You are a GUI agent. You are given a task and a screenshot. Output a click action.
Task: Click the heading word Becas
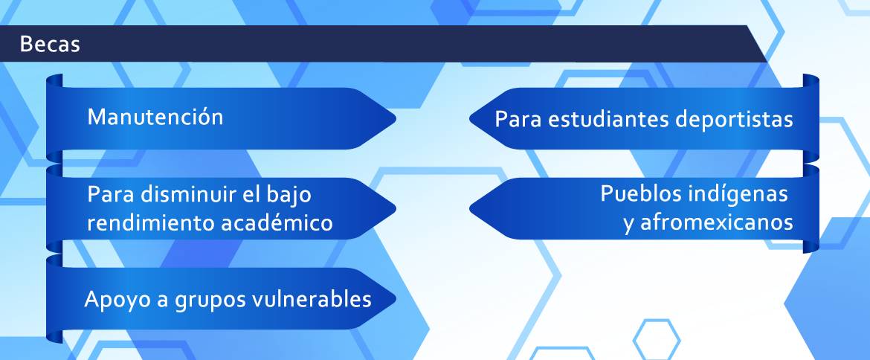click(49, 45)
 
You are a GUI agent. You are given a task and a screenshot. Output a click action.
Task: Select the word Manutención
click(155, 117)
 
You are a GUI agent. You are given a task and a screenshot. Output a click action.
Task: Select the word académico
click(277, 223)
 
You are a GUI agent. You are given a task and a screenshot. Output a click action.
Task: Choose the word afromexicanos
click(717, 222)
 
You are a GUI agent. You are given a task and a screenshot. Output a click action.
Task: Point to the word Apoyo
click(112, 300)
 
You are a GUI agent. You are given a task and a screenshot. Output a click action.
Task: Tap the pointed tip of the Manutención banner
click(396, 118)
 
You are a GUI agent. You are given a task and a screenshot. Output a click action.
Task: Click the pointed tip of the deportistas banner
click(470, 118)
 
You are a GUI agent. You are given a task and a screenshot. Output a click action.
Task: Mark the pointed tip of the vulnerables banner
click(396, 298)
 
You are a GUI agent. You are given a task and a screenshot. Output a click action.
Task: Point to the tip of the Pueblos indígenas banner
click(470, 208)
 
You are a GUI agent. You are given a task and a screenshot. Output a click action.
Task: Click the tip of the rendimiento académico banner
click(396, 208)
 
